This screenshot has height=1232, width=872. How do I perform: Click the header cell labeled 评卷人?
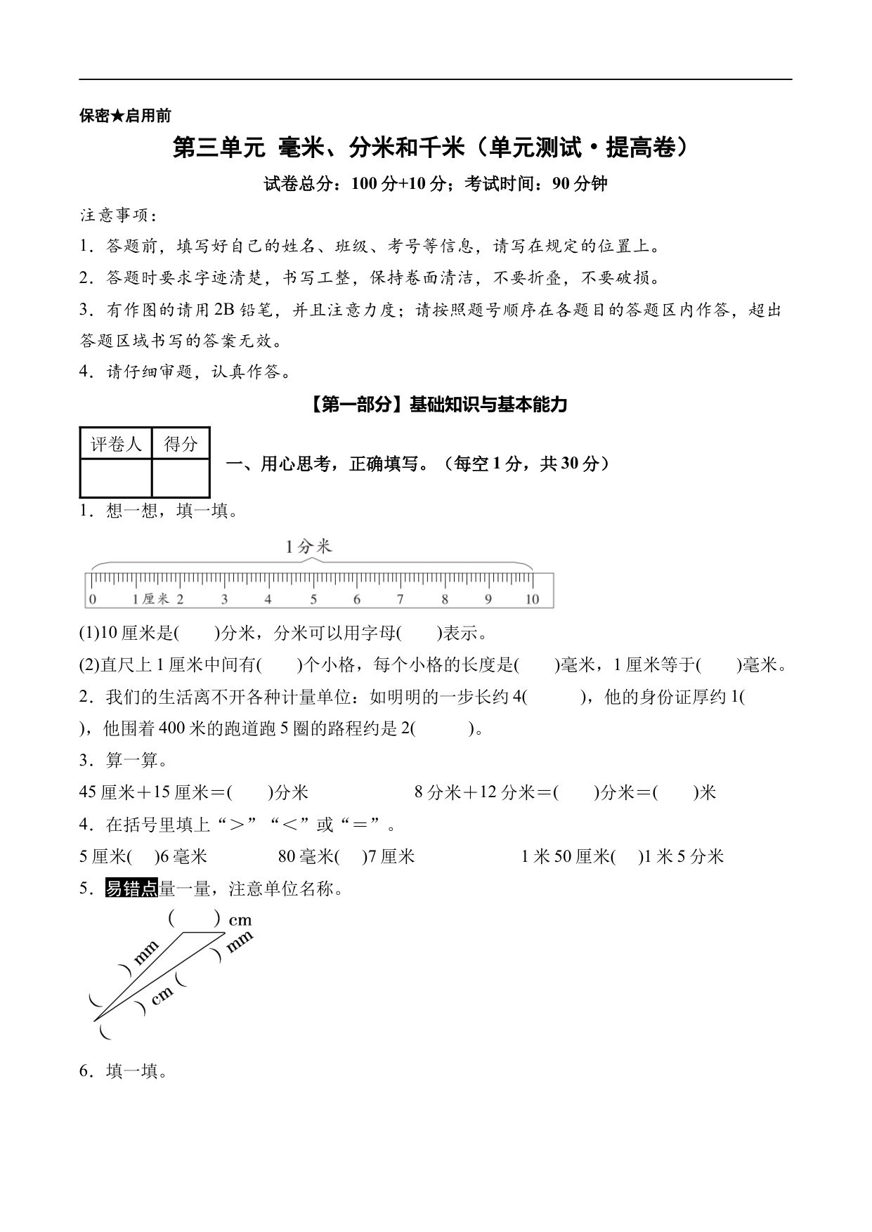(x=116, y=444)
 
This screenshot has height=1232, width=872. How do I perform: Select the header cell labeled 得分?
(x=181, y=444)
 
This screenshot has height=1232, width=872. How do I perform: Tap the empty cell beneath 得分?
(x=181, y=478)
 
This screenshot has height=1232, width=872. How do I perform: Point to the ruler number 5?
(x=313, y=599)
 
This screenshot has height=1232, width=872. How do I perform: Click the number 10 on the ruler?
(x=532, y=599)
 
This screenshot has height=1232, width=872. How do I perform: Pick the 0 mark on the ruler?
(x=92, y=599)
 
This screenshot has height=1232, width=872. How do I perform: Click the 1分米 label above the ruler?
(x=308, y=547)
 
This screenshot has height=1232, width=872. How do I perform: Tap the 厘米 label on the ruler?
(x=155, y=599)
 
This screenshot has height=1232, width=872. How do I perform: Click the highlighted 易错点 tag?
(x=131, y=889)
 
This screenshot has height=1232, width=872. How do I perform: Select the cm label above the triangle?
(x=240, y=920)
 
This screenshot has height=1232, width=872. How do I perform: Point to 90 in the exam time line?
(x=561, y=184)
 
